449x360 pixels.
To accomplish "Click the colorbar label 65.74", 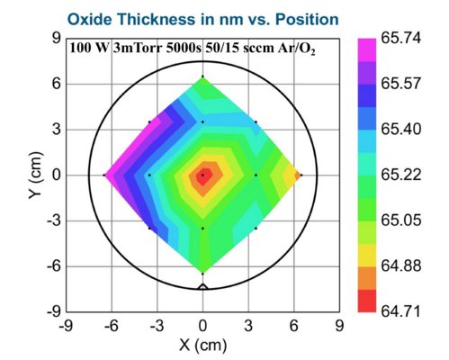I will click(x=404, y=40).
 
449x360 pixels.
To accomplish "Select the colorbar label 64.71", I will click(x=404, y=310).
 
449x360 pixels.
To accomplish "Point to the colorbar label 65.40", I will click(x=404, y=130).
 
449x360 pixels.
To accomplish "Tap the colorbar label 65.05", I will click(x=404, y=220).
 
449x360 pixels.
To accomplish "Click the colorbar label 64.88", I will click(x=404, y=265).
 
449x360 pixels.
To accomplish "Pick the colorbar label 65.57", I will click(x=404, y=85).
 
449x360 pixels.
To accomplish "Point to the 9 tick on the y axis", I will click(x=55, y=40).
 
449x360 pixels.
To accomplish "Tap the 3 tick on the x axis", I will click(x=248, y=326).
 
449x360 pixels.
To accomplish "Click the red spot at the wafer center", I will click(x=202, y=175).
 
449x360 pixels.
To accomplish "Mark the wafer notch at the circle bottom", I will click(x=202, y=285).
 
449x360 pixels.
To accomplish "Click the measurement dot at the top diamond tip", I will click(x=202, y=76).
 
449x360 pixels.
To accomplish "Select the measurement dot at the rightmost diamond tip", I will click(x=301, y=175).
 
